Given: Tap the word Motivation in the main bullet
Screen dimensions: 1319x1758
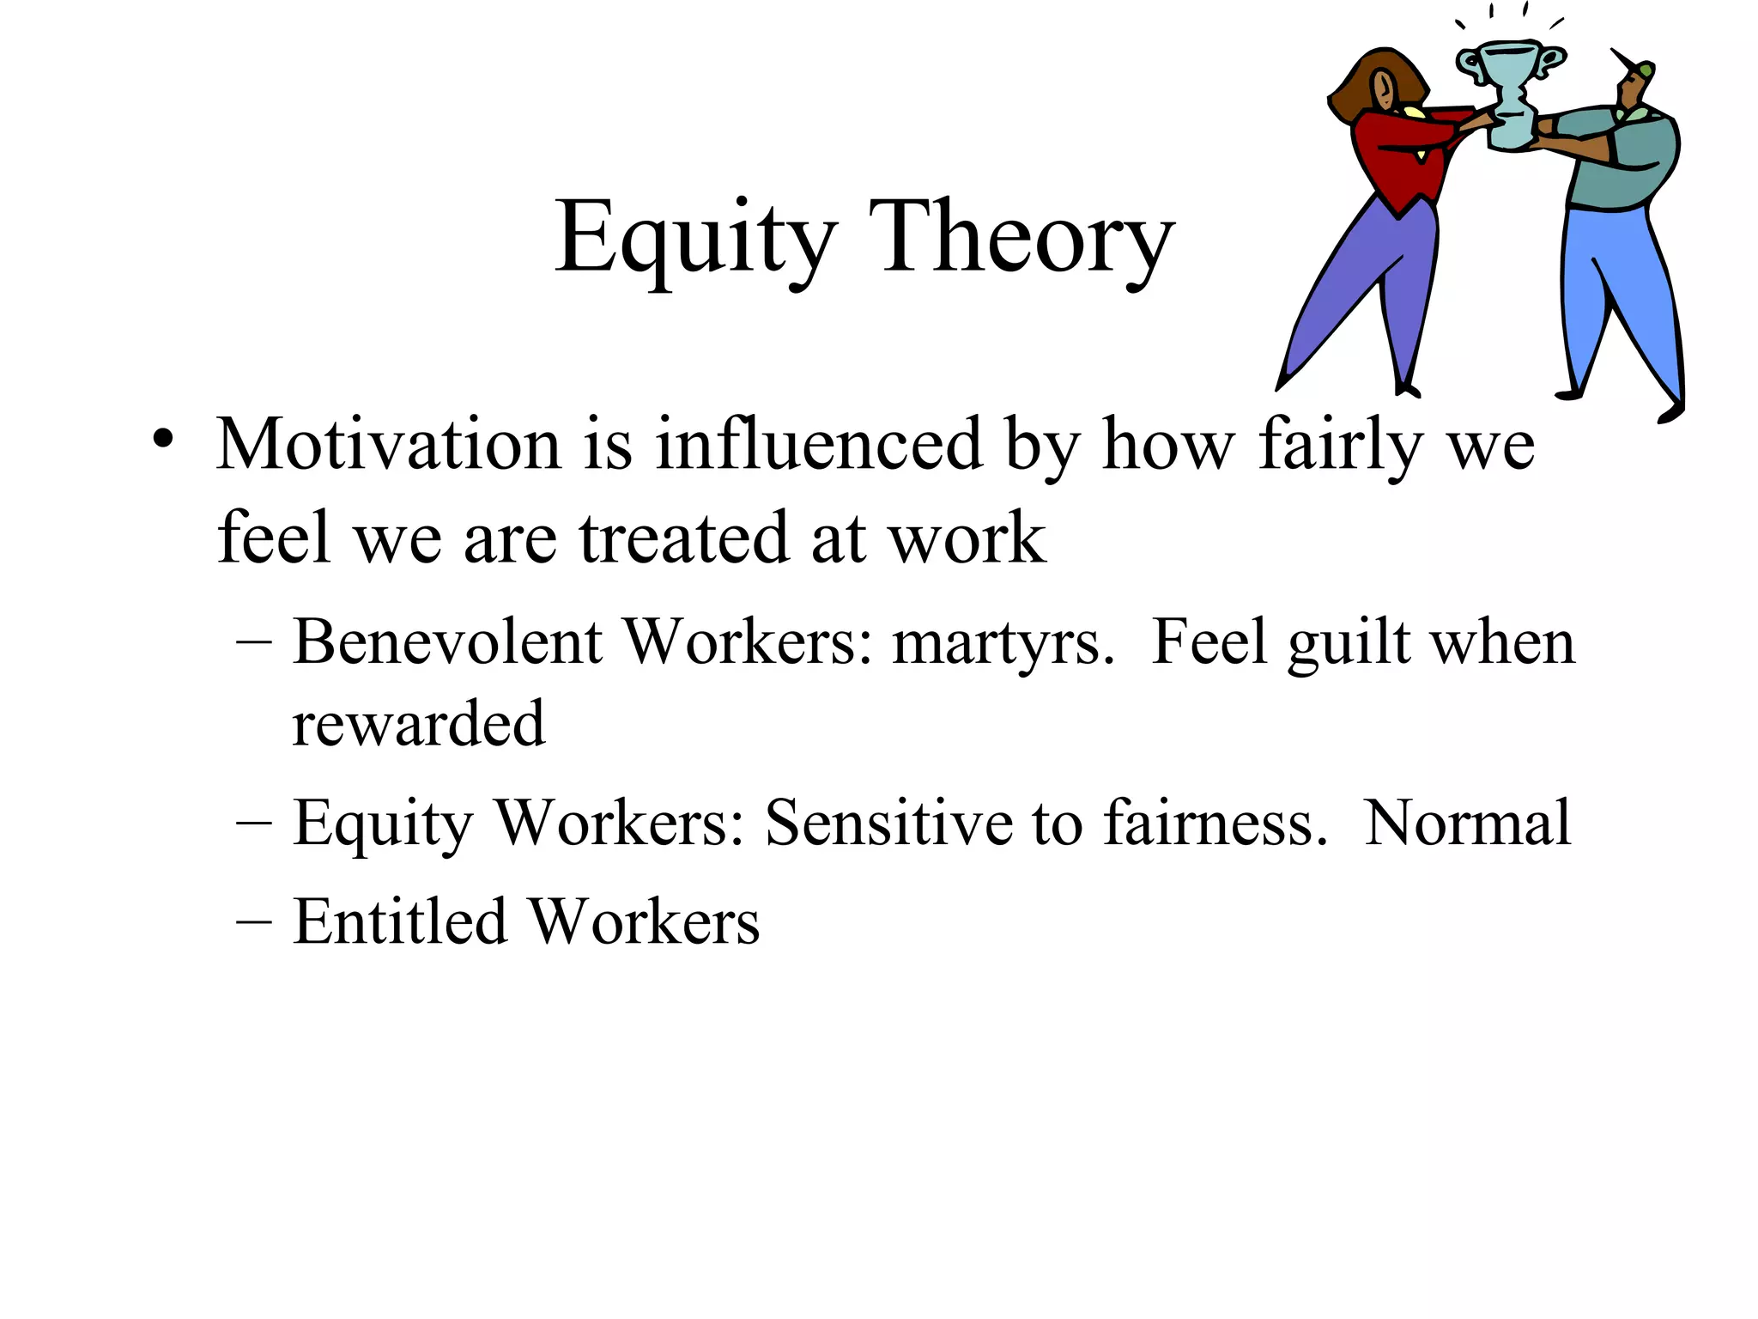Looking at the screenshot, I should click(388, 445).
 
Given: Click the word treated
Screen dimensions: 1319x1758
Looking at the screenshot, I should click(683, 538).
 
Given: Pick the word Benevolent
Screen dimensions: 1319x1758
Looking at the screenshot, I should click(447, 641).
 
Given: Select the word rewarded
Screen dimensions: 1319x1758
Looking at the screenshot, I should click(418, 724).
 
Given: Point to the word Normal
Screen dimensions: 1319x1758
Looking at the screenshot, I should click(1468, 823).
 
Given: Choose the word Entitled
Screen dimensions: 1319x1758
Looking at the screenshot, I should click(400, 921).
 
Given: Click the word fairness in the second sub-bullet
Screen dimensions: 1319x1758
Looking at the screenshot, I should click(1214, 823).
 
